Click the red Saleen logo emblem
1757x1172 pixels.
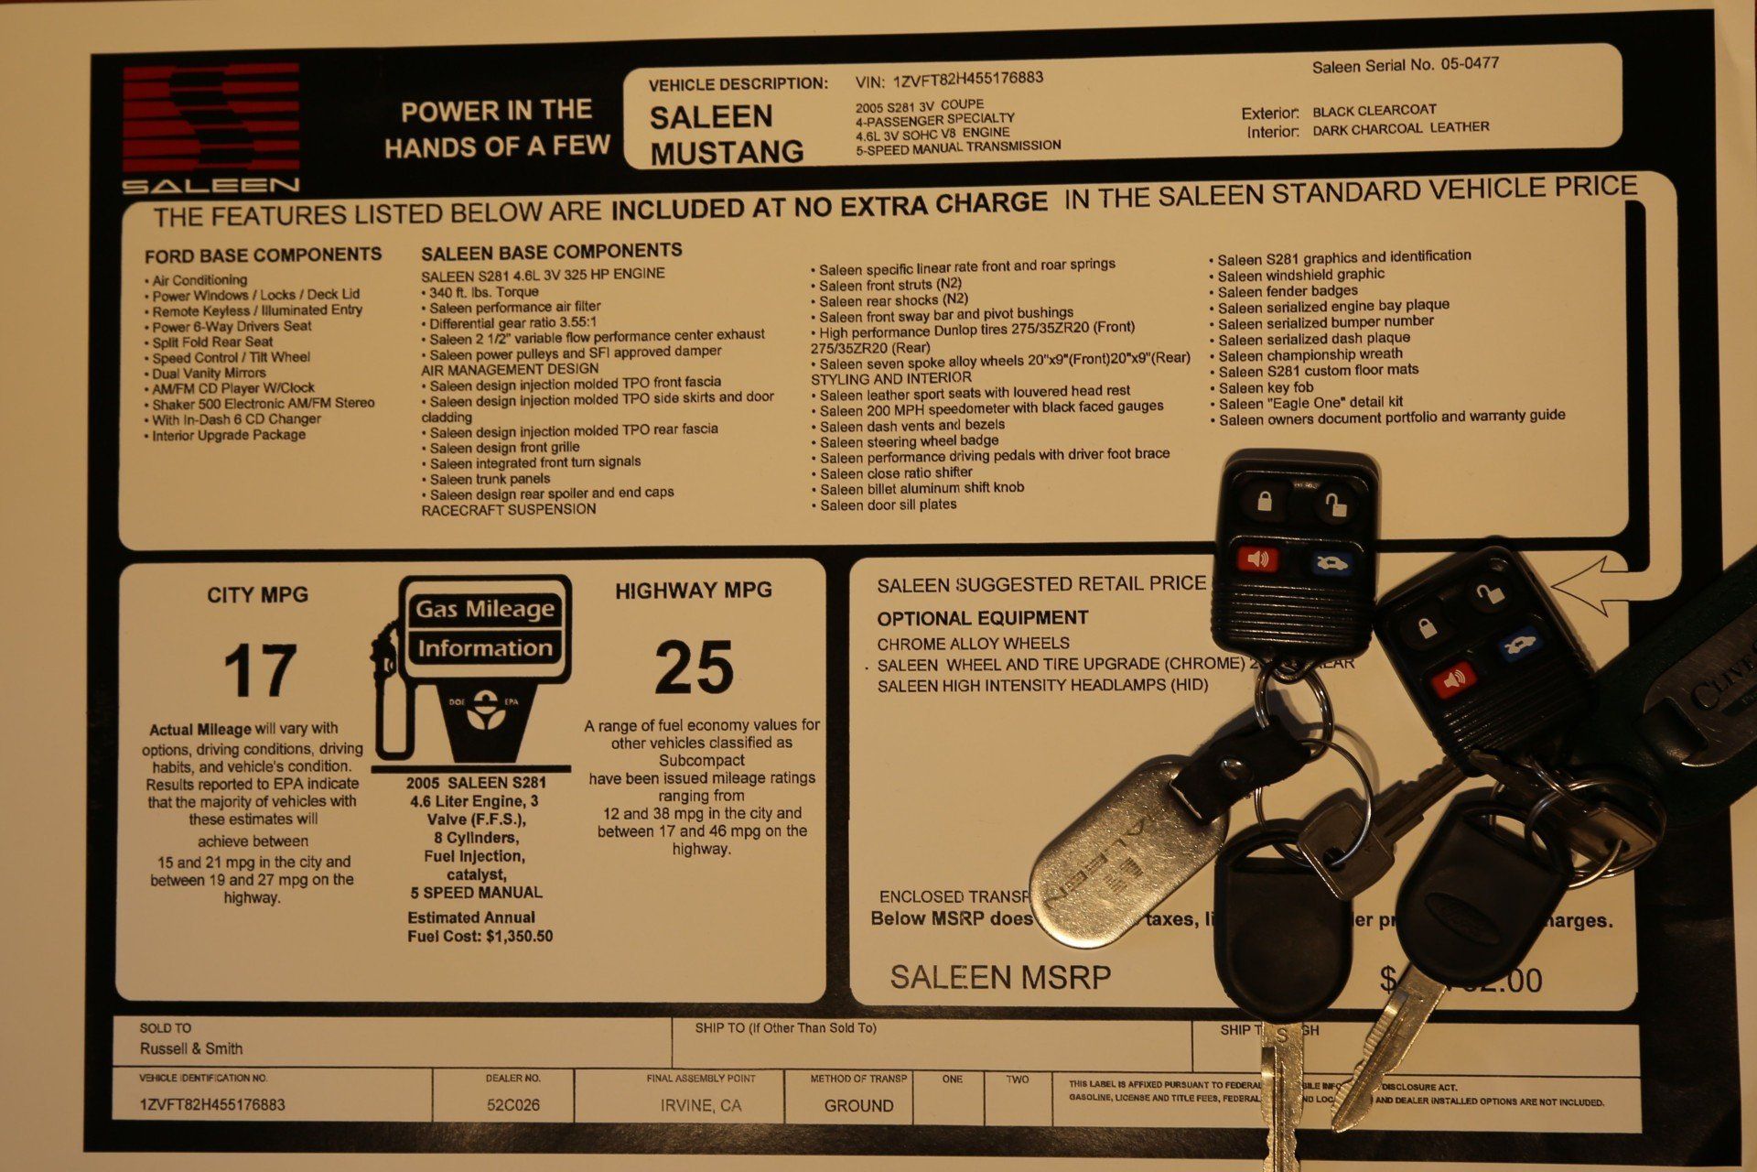tap(211, 118)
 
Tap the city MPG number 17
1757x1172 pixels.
tap(260, 670)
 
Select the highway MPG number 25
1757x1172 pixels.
tap(694, 667)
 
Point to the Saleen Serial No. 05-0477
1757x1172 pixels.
tap(1405, 65)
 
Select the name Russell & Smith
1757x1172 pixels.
tap(191, 1048)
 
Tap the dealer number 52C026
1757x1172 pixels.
tap(513, 1105)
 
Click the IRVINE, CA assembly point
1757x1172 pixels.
tap(701, 1106)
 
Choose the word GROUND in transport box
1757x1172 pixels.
tap(858, 1106)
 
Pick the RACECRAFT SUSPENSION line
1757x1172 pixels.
tap(508, 510)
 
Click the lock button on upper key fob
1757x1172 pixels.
tap(1265, 501)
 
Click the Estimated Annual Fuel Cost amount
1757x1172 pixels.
tap(519, 937)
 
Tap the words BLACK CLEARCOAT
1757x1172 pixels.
tap(1374, 111)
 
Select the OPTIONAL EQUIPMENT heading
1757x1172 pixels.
tap(982, 618)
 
